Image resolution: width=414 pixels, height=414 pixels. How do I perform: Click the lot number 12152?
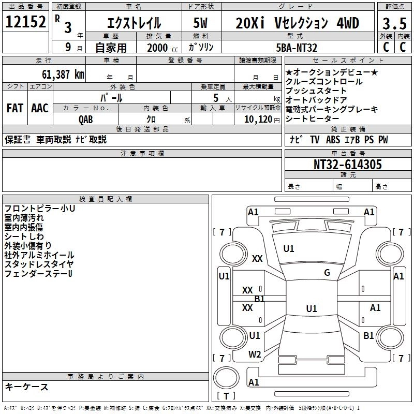(x=25, y=22)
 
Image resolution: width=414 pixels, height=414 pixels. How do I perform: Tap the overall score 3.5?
(x=394, y=23)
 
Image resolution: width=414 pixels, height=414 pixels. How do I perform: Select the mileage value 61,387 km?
(x=63, y=75)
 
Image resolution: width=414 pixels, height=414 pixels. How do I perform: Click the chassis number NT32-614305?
(x=348, y=165)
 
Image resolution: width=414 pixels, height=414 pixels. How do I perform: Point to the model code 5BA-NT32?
(x=297, y=48)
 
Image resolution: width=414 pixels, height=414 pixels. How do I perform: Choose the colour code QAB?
(x=86, y=120)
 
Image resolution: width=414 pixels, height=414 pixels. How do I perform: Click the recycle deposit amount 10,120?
(x=258, y=120)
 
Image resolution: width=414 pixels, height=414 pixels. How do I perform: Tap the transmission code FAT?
(x=15, y=108)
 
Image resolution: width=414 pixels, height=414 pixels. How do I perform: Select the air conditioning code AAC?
(x=40, y=108)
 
